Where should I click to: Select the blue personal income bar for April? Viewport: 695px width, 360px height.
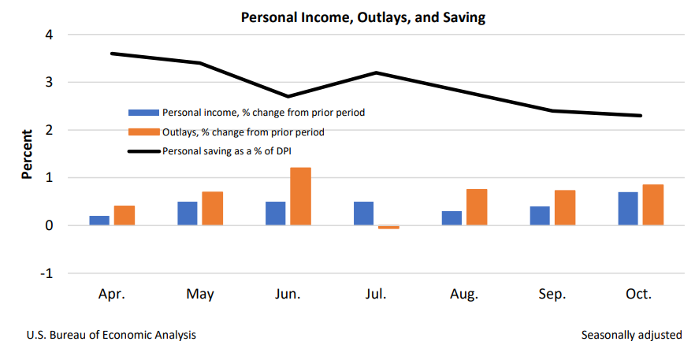(x=99, y=221)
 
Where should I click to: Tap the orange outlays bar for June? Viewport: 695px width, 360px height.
(x=300, y=196)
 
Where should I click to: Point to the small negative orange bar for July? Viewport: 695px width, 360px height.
(x=388, y=227)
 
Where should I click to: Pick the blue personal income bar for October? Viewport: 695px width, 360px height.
(x=628, y=209)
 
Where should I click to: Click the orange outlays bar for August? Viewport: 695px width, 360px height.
(x=477, y=207)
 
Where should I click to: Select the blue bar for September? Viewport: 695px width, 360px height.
(x=540, y=216)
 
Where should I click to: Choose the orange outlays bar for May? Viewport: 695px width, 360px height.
(x=212, y=208)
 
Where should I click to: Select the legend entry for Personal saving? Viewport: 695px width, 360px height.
(x=233, y=150)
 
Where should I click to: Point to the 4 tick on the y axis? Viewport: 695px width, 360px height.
(x=49, y=35)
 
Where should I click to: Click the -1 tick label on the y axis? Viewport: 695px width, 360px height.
(x=46, y=273)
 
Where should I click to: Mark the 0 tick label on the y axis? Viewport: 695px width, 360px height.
(x=49, y=225)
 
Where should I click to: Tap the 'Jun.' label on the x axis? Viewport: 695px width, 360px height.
(x=288, y=295)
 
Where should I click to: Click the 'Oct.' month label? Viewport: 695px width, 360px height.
(x=639, y=295)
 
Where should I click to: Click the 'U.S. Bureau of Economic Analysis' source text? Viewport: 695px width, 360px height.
(x=111, y=335)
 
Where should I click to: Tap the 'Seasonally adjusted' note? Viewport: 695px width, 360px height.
(x=631, y=335)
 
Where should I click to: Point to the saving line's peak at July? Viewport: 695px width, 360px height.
(x=376, y=72)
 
